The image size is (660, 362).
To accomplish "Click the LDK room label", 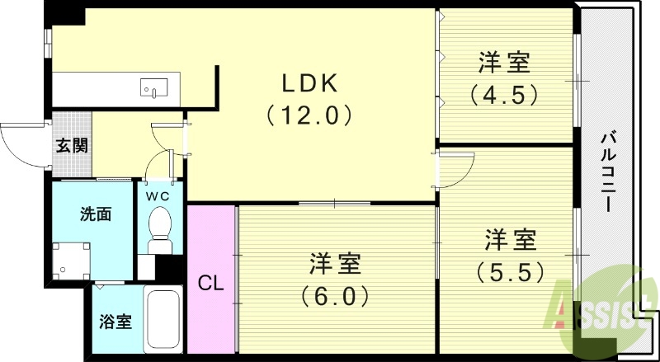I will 309,83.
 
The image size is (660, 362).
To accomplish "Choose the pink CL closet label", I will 211,284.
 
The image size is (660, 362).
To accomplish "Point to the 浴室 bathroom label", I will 115,321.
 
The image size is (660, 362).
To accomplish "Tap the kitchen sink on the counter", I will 153,86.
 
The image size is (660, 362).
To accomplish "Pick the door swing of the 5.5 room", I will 456,169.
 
